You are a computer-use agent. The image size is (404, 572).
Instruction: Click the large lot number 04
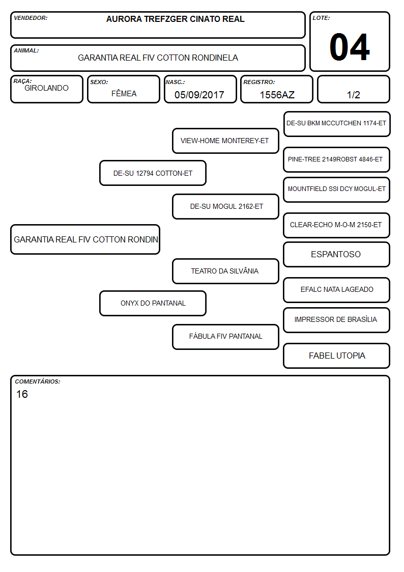click(350, 47)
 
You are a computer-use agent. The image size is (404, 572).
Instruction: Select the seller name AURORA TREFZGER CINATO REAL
click(175, 19)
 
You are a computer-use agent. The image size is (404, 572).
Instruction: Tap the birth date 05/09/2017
click(199, 95)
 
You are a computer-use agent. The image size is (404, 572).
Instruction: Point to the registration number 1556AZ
click(277, 95)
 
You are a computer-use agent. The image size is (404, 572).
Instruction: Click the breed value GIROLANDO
click(46, 88)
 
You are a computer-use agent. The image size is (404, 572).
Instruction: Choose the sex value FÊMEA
click(124, 93)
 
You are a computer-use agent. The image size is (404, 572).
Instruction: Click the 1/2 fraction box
click(353, 89)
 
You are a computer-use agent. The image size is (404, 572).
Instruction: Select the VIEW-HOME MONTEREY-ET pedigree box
click(225, 141)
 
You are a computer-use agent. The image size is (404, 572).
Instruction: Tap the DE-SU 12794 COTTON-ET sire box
click(153, 173)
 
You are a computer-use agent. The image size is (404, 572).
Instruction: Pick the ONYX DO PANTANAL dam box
click(153, 303)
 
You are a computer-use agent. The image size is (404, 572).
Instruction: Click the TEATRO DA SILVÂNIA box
click(225, 271)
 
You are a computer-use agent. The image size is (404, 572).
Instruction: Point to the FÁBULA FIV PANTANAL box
click(225, 337)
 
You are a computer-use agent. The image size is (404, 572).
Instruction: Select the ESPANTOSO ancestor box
click(337, 254)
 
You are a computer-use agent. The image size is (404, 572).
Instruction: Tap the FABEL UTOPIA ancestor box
click(337, 356)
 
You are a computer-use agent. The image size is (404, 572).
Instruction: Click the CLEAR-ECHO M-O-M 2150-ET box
click(337, 225)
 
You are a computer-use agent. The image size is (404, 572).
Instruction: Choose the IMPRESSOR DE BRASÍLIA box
click(337, 320)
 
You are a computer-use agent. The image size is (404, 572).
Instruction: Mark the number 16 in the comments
click(22, 394)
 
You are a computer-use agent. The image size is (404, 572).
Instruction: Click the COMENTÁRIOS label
click(38, 382)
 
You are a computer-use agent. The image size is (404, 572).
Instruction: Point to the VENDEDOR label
click(31, 18)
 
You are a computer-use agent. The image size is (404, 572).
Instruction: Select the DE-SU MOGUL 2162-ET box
click(225, 206)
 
